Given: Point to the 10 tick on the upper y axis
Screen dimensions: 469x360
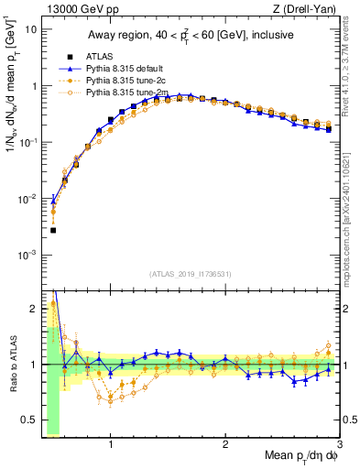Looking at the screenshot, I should tap(30, 29).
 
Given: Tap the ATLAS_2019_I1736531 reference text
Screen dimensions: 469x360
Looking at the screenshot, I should tap(190, 274).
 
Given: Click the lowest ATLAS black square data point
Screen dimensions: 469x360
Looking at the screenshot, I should tap(53, 230).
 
